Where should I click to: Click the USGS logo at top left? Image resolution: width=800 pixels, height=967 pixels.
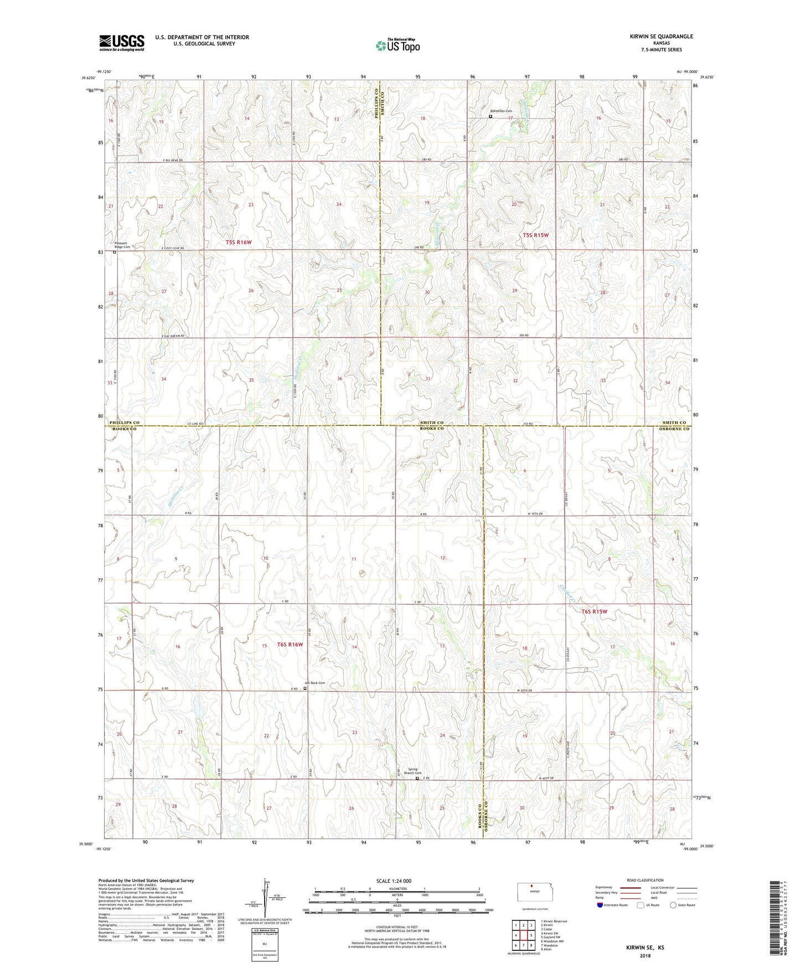(122, 42)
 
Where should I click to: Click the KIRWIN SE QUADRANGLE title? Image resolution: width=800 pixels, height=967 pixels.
(661, 37)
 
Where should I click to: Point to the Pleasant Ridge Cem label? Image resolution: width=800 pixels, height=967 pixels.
(122, 245)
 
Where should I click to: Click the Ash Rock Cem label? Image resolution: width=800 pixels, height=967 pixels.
(315, 683)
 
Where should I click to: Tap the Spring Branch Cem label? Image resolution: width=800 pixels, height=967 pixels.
(412, 771)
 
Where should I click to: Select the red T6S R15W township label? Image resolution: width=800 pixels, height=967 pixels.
(594, 611)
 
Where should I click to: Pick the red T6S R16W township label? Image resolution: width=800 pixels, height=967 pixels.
(290, 644)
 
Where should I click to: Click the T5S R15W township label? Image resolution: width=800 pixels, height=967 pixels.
(535, 235)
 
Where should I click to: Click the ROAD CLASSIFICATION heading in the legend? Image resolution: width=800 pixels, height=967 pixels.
(645, 880)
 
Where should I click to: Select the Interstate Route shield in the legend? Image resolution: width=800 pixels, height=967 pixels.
(601, 905)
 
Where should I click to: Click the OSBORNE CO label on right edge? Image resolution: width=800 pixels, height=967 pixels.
(674, 429)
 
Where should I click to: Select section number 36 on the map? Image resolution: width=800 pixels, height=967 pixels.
(339, 379)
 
